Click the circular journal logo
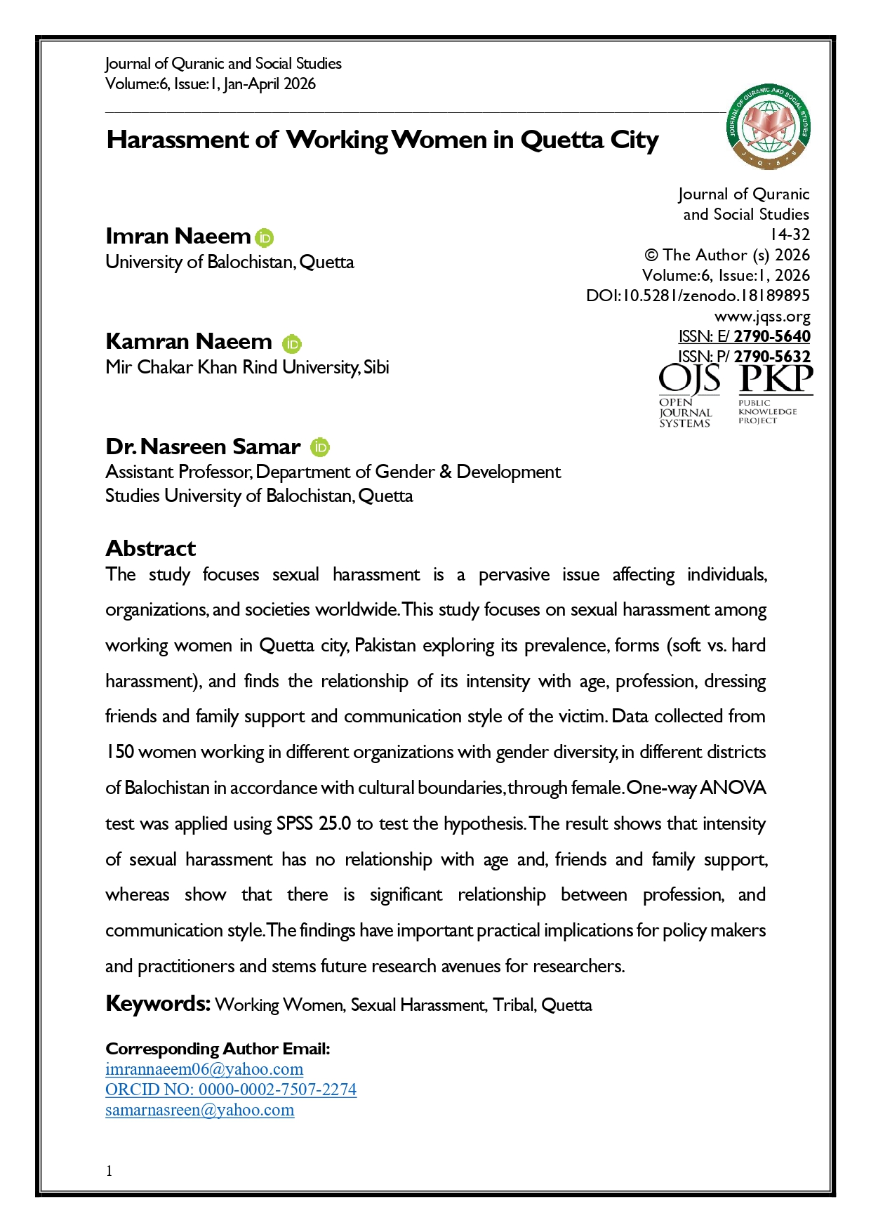(x=769, y=127)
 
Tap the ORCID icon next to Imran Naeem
(x=265, y=238)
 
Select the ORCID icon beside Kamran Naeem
(x=292, y=343)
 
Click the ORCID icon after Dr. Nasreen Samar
(x=320, y=447)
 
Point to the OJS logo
(x=689, y=395)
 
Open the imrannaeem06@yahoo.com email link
(x=204, y=1069)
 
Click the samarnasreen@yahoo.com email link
(x=200, y=1110)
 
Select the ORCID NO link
(x=231, y=1089)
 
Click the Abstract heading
(x=151, y=548)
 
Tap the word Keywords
(x=158, y=1003)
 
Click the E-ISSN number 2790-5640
(x=772, y=336)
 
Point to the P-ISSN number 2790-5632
(x=772, y=357)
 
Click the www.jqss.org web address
(x=762, y=317)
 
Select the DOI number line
(x=698, y=296)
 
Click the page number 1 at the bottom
(x=109, y=1170)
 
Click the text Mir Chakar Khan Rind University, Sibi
(x=247, y=367)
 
